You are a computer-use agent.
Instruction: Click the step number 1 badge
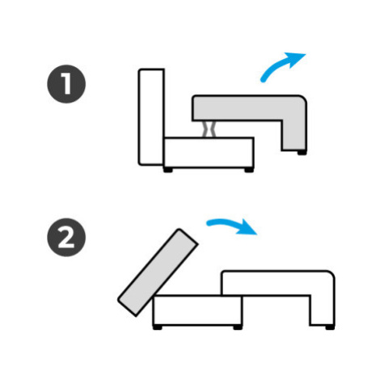coord(66,84)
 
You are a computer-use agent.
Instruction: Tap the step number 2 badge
coord(66,238)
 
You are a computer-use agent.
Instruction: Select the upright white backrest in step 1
coord(151,117)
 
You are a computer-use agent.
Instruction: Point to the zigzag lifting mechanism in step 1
coord(209,129)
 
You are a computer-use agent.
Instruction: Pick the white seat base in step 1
coord(209,153)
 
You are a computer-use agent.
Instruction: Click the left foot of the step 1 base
coord(168,170)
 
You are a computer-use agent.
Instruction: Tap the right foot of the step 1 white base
coord(249,170)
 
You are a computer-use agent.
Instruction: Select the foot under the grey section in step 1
coord(302,153)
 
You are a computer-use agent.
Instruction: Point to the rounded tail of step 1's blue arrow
coord(263,80)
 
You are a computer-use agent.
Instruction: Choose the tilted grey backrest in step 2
coord(158,272)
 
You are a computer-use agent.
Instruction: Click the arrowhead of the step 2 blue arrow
coord(247,228)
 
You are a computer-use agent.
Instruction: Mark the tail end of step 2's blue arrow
coord(209,223)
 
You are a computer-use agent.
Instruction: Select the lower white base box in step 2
coord(197,310)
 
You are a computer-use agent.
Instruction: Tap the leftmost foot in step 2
coord(158,327)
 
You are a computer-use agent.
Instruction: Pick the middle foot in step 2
coord(238,327)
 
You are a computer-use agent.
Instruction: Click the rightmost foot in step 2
coord(330,327)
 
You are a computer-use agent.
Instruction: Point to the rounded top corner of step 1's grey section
coord(304,99)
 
